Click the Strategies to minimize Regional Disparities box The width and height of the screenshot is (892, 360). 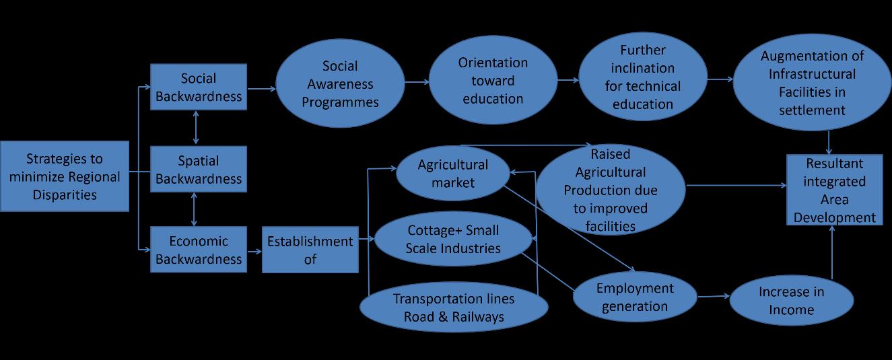pyautogui.click(x=65, y=176)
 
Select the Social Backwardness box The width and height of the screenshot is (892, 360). pyautogui.click(x=199, y=87)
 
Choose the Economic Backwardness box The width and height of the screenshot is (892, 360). pyautogui.click(x=199, y=250)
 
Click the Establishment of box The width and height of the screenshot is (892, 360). pyautogui.click(x=310, y=250)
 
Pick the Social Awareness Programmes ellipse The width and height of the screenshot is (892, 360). pyautogui.click(x=340, y=84)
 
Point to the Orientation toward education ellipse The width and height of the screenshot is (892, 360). pyautogui.click(x=493, y=81)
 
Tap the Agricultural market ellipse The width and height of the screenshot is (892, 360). pyautogui.click(x=453, y=173)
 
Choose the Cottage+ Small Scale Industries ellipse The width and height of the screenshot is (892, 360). pyautogui.click(x=454, y=240)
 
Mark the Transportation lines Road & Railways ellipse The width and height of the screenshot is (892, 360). pyautogui.click(x=454, y=308)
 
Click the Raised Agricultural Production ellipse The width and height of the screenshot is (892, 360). pyautogui.click(x=610, y=190)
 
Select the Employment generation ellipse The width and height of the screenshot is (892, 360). pyautogui.click(x=634, y=297)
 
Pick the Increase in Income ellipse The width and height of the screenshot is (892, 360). pyautogui.click(x=791, y=301)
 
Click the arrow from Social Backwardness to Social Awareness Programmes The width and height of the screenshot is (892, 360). pyautogui.click(x=261, y=88)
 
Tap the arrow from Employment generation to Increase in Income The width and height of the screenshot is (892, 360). pyautogui.click(x=714, y=296)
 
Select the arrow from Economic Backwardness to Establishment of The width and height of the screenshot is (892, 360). pyautogui.click(x=254, y=250)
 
